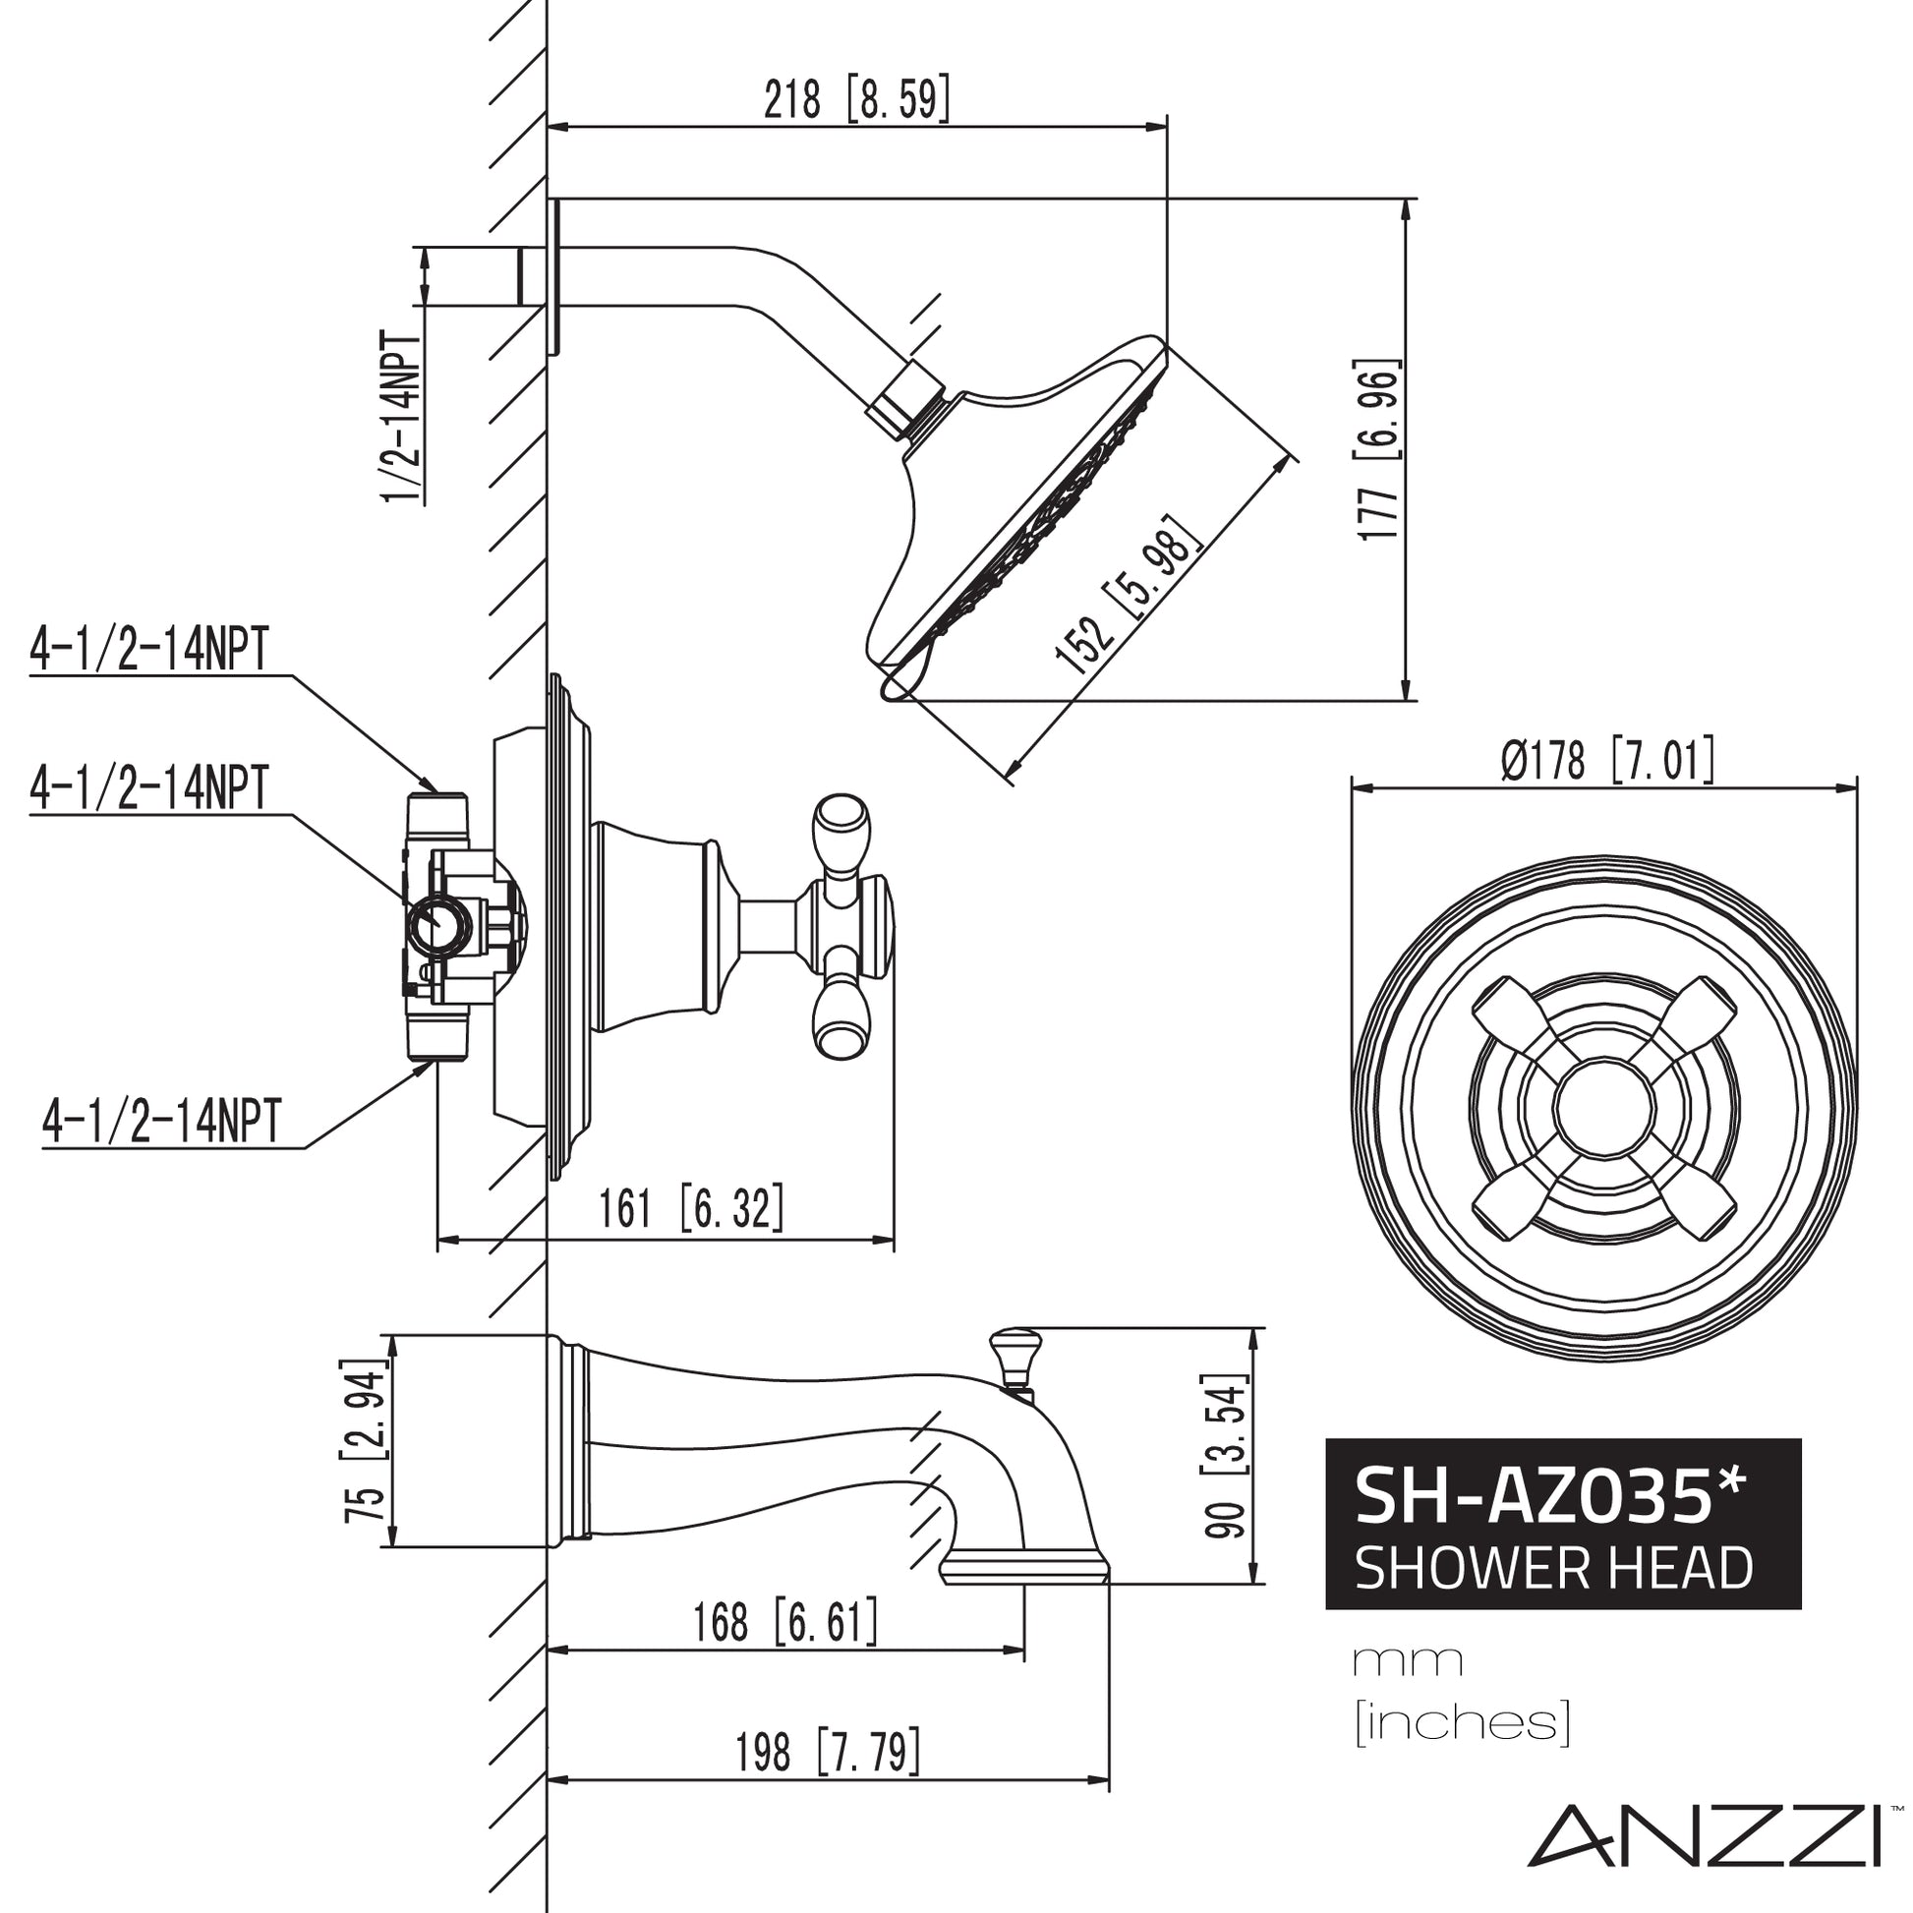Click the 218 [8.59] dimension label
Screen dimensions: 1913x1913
click(x=855, y=98)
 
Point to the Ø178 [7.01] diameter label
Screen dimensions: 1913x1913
click(x=1606, y=762)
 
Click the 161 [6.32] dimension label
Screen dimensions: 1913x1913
click(x=691, y=1208)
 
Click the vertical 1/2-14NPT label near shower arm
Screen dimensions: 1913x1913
click(x=403, y=416)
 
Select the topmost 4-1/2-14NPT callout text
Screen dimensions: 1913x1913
click(x=149, y=650)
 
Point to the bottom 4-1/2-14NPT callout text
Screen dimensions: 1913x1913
click(x=162, y=1121)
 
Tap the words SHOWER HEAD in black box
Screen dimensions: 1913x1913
click(x=1553, y=1569)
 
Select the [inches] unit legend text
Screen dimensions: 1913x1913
click(x=1463, y=1723)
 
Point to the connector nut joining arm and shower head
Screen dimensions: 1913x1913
click(x=902, y=401)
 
